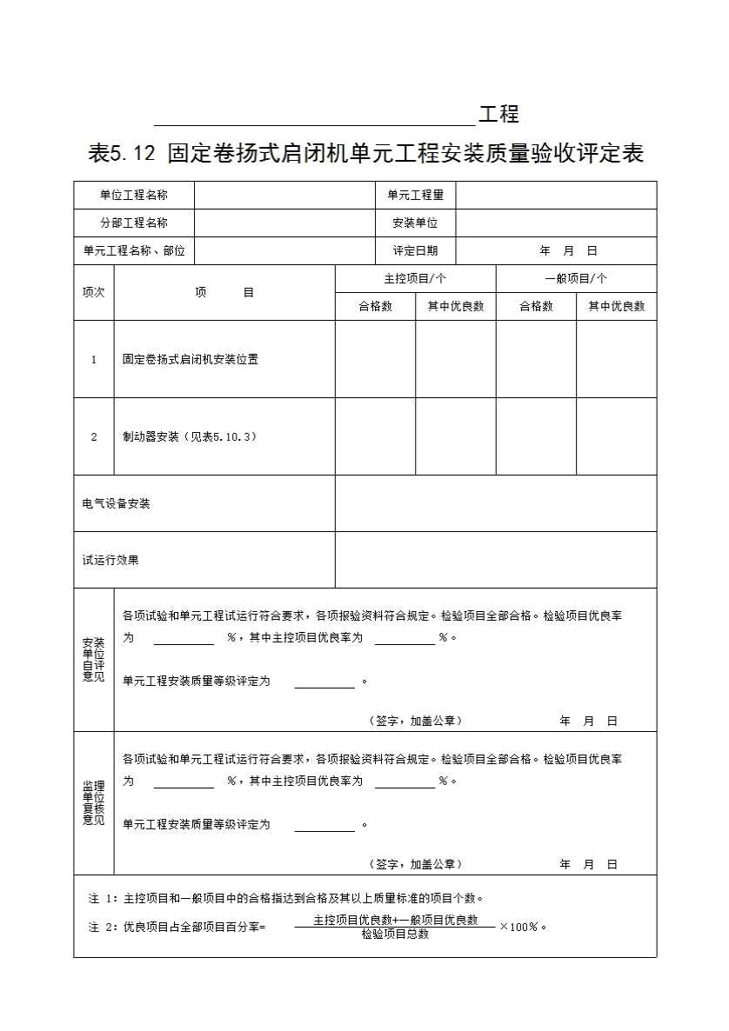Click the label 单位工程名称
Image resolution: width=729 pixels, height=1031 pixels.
(133, 196)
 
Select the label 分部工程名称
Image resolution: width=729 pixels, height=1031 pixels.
(133, 223)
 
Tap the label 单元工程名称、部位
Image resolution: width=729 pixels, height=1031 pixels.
(133, 251)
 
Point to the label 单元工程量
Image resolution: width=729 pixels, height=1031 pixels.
(415, 196)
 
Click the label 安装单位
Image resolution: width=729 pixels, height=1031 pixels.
(415, 223)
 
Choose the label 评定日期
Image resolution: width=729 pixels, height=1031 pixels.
(415, 251)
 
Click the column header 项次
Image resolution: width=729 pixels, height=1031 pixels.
(93, 293)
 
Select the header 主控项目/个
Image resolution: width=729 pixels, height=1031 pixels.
(415, 279)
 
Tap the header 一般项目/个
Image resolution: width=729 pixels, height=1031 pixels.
(576, 279)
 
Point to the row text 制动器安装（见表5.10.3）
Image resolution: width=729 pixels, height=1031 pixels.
(190, 436)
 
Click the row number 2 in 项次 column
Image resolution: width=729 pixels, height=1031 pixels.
(94, 436)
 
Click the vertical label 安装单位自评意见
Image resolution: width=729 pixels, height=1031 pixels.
(93, 660)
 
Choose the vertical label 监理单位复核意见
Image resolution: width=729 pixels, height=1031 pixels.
(93, 802)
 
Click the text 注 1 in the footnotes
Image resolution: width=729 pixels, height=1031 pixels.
(102, 898)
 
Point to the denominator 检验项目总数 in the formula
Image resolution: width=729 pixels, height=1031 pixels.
(395, 935)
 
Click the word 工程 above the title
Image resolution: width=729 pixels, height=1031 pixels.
(498, 114)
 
